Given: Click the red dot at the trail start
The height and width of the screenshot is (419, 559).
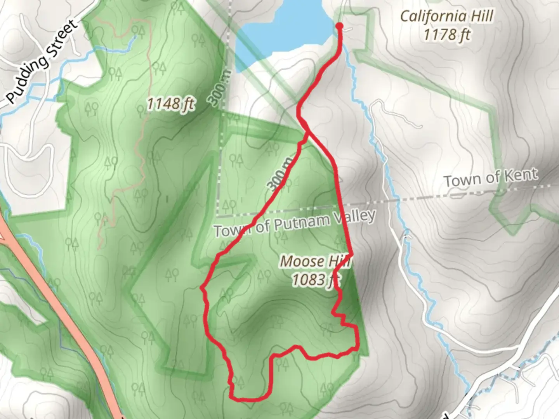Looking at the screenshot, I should (x=339, y=26).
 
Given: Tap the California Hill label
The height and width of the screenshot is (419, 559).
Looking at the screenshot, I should (x=446, y=16).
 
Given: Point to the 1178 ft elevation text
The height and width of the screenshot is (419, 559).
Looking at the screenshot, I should (x=446, y=35).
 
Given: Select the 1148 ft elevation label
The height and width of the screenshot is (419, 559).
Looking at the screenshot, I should (x=170, y=104).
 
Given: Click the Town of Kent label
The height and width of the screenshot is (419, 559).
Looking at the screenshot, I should (x=491, y=178).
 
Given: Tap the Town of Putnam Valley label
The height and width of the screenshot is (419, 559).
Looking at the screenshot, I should (x=295, y=223).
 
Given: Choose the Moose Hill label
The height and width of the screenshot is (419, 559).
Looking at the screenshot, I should (x=315, y=261).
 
